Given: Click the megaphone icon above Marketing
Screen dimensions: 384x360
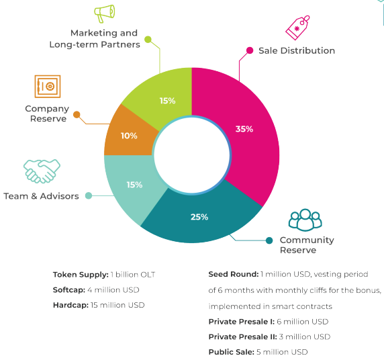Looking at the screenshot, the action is pyautogui.click(x=105, y=13).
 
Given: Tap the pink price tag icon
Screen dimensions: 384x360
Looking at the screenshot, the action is pyautogui.click(x=297, y=28).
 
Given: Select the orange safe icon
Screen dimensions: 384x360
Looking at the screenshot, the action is pyautogui.click(x=48, y=86).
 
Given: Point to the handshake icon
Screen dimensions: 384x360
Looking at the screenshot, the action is pyautogui.click(x=42, y=171).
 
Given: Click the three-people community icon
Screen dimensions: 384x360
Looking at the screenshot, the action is pyautogui.click(x=305, y=220).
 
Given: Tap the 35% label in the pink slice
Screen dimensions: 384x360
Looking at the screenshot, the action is pyautogui.click(x=244, y=129).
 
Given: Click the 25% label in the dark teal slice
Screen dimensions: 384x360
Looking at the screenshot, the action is pyautogui.click(x=199, y=217).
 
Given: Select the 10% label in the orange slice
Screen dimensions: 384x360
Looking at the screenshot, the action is pyautogui.click(x=129, y=136).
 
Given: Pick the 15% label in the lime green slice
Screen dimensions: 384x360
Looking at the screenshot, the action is pyautogui.click(x=168, y=101).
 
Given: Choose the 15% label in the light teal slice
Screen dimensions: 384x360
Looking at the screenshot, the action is pyautogui.click(x=134, y=185).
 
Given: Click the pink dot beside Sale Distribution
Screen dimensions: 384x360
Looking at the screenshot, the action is pyautogui.click(x=250, y=50).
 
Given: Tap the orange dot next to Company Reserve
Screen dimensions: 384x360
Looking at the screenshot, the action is pyautogui.click(x=77, y=114).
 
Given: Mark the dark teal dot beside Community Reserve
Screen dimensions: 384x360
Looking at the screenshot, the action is pyautogui.click(x=269, y=240).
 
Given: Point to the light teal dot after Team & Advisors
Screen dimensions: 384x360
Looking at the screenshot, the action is pyautogui.click(x=89, y=195).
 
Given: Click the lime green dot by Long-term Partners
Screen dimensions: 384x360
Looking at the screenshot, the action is pyautogui.click(x=148, y=39).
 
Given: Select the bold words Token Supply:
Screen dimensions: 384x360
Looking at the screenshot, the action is pyautogui.click(x=81, y=275).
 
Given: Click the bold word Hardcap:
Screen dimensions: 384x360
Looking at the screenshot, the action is pyautogui.click(x=70, y=305).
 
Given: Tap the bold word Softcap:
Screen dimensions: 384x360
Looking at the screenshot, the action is pyautogui.click(x=69, y=290).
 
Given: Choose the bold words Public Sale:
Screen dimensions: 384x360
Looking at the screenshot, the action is pyautogui.click(x=232, y=352).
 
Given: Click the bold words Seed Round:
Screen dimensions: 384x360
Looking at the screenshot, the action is pyautogui.click(x=234, y=274).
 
